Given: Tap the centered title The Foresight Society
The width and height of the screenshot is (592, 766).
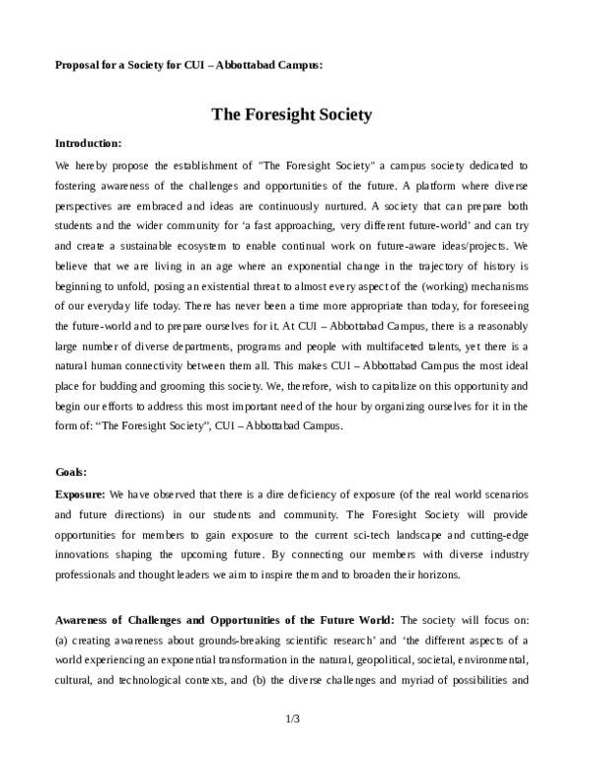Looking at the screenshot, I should [292, 115].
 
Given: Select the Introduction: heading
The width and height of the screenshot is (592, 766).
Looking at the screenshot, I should [88, 143].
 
